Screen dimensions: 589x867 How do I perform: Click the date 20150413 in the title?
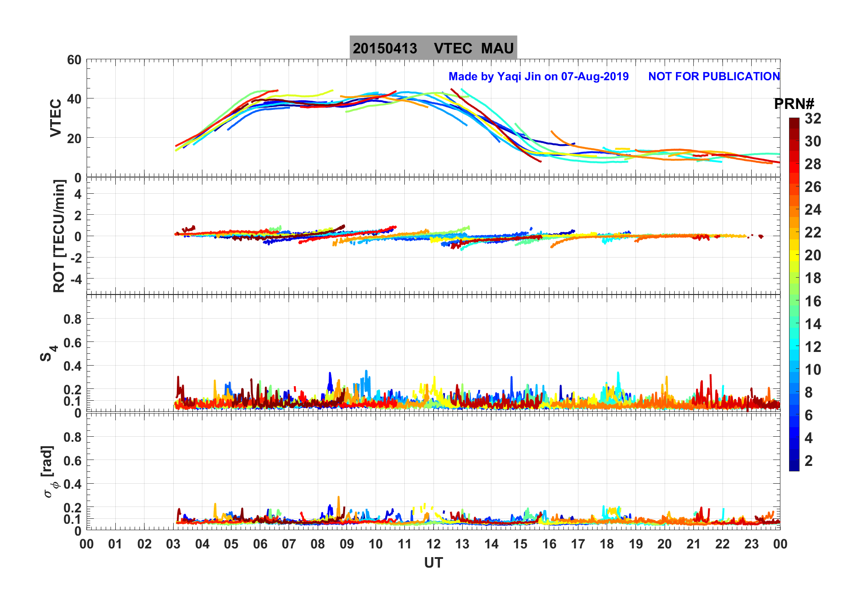[385, 48]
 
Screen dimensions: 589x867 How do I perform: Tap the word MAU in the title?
[497, 48]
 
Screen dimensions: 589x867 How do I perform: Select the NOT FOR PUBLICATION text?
[714, 76]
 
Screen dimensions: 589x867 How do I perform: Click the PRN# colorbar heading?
[794, 104]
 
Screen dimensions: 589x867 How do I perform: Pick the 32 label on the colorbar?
[813, 119]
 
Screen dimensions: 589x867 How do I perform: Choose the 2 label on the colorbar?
[809, 460]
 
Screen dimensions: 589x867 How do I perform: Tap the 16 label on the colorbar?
[813, 301]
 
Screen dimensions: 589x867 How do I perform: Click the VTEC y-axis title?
[56, 118]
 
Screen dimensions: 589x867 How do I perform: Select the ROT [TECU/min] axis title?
[59, 236]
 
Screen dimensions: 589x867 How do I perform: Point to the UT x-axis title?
[433, 563]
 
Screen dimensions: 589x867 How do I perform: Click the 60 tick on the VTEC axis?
[74, 60]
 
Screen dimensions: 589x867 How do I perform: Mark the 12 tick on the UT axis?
[433, 544]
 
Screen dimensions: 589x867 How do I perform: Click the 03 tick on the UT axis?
[173, 544]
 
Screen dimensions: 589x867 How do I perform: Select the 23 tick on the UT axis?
[751, 544]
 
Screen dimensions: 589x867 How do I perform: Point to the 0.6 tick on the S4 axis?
[72, 342]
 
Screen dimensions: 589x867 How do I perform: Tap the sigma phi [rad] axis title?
[49, 472]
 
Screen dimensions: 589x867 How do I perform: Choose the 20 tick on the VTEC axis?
[74, 138]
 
